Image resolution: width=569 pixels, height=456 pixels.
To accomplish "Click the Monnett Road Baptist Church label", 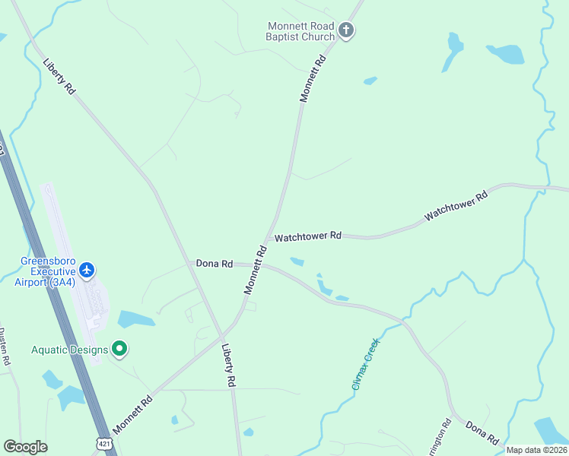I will click(300, 31).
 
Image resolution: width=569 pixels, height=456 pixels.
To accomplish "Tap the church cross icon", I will click(346, 31).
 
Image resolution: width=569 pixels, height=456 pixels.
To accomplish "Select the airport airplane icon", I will click(87, 270).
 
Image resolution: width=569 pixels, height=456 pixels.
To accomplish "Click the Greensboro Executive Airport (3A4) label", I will click(47, 272).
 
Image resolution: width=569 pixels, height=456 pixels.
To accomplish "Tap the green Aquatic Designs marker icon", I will click(119, 349).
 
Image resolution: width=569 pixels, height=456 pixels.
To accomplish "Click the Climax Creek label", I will click(365, 365).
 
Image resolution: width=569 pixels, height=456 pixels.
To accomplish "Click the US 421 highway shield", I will click(103, 443).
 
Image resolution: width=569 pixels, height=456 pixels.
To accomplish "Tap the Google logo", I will click(25, 447).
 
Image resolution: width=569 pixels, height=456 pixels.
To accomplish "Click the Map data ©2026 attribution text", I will click(536, 450).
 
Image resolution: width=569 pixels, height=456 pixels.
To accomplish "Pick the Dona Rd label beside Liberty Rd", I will click(215, 264).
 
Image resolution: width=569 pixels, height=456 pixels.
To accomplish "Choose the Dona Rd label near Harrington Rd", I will click(482, 433).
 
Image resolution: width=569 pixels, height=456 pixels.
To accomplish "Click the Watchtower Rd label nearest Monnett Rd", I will click(307, 237).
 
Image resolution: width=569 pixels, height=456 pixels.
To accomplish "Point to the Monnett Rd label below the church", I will click(313, 78).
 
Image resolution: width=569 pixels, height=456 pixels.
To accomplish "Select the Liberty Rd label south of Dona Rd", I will click(227, 366).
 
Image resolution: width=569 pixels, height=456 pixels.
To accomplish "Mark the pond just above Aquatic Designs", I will click(135, 319).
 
